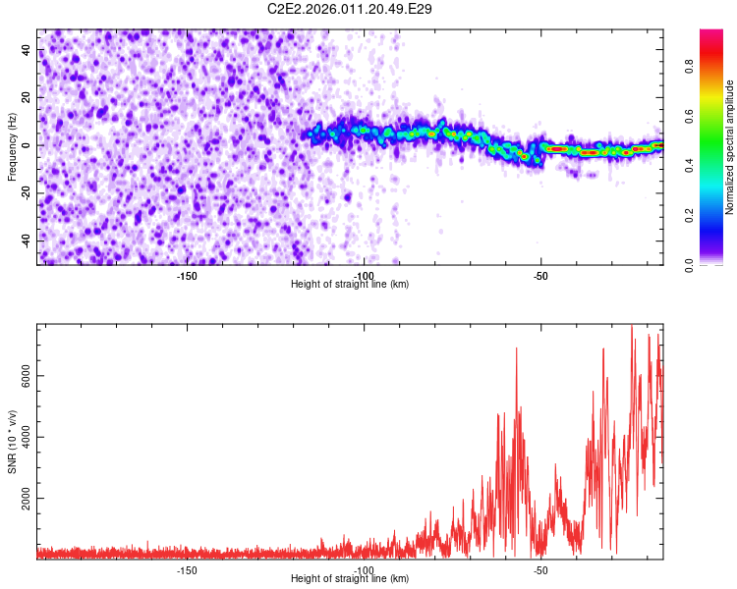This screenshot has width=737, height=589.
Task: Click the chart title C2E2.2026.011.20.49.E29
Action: pos(350,9)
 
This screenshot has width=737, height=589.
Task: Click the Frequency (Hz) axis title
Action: pos(11,147)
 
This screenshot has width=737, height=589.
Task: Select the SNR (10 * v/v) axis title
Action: pos(12,442)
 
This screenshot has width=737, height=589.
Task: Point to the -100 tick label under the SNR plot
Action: pos(364,569)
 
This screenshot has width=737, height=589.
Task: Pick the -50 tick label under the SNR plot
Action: pos(540,569)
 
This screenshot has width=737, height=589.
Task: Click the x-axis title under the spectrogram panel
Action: pos(350,284)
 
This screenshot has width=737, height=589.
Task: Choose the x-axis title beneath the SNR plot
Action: pos(350,579)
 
